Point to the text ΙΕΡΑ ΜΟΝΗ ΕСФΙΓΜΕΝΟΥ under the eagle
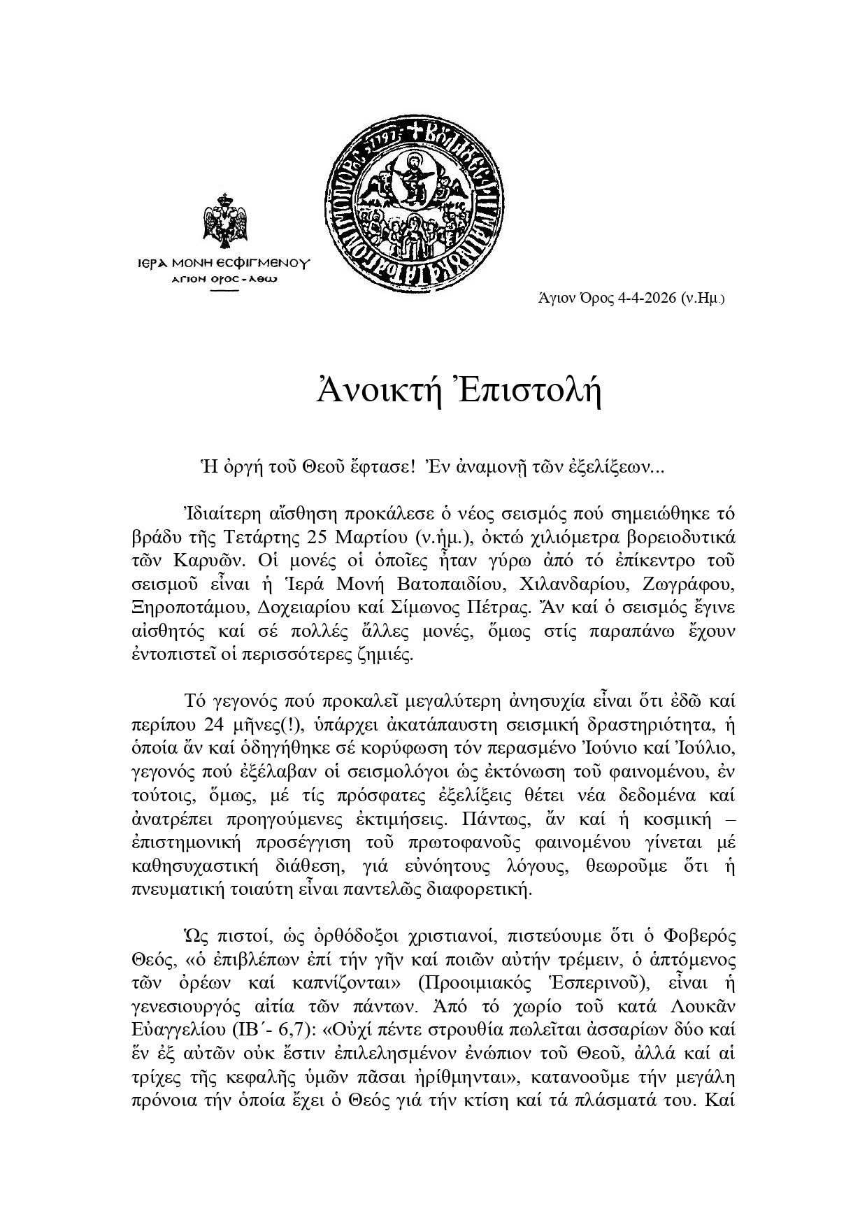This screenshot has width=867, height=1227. point(223,264)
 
